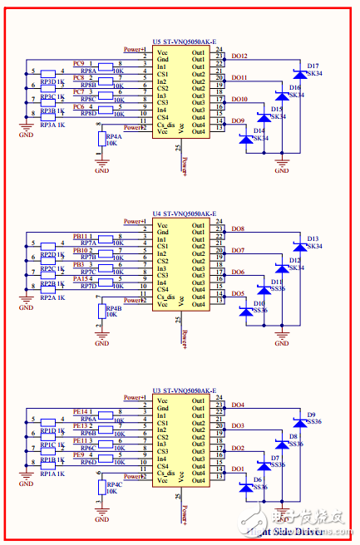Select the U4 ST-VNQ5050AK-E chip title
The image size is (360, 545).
click(184, 213)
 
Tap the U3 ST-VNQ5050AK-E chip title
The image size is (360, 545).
click(184, 390)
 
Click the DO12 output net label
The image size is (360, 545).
click(239, 56)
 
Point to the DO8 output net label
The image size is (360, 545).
click(237, 228)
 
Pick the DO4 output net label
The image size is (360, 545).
click(237, 405)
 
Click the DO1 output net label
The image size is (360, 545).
click(237, 470)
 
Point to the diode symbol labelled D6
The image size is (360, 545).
click(246, 488)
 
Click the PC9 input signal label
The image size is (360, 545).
click(81, 63)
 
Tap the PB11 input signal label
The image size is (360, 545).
click(81, 236)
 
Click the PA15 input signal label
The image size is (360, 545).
click(81, 279)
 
